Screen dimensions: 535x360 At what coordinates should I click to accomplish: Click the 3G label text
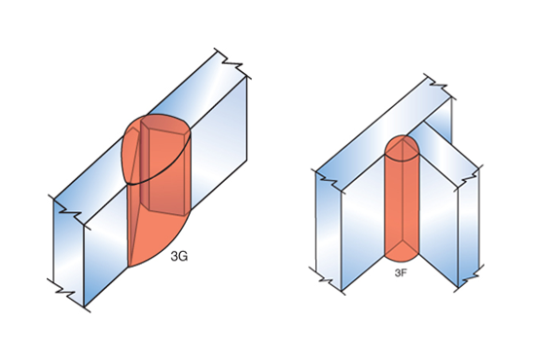pyautogui.click(x=179, y=256)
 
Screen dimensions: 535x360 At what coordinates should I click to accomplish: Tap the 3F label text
pyautogui.click(x=401, y=272)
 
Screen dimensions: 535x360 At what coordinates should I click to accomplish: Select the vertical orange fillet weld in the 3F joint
pyautogui.click(x=402, y=198)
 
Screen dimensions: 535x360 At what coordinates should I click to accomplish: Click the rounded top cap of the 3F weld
pyautogui.click(x=402, y=148)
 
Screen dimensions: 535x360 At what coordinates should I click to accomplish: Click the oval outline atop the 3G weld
pyautogui.click(x=156, y=149)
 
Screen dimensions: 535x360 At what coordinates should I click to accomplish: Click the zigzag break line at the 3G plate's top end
pyautogui.click(x=232, y=63)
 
